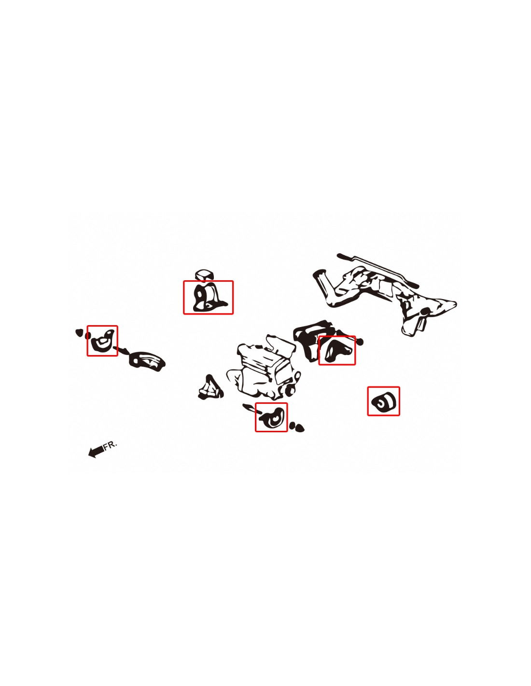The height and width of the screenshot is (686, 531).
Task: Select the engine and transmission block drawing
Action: point(264,368)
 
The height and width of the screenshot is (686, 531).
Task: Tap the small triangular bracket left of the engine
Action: point(210,387)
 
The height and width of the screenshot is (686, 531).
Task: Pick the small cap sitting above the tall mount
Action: point(204,274)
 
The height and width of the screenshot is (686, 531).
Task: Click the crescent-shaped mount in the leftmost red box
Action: point(102,340)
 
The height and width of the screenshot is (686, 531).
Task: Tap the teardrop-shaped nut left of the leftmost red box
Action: point(79,332)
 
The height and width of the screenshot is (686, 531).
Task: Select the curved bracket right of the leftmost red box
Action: point(147,361)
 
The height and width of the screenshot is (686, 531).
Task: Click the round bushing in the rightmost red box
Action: point(383,402)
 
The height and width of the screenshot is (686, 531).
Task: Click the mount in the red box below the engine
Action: point(272,418)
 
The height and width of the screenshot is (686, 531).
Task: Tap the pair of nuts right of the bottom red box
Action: point(296,427)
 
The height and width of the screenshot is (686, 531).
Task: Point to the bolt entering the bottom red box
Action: point(252,409)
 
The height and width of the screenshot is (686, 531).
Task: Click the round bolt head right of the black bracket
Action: point(361,341)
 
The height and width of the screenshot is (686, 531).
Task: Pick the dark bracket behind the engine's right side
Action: point(311,339)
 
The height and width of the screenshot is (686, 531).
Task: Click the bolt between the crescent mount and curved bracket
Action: point(121,350)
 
